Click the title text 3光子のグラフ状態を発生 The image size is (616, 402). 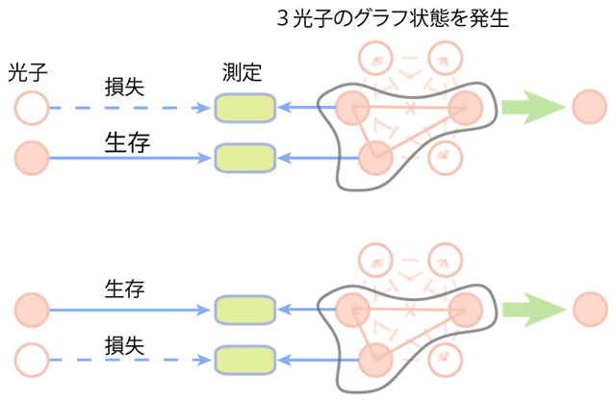coord(393,18)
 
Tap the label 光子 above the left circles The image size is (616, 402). coord(28,73)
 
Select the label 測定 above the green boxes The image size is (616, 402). coord(242,72)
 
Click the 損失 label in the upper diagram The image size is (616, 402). coord(124,87)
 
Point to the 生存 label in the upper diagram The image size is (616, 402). coord(127,142)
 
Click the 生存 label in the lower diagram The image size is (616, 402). coord(124,289)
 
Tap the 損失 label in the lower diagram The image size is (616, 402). coord(124,345)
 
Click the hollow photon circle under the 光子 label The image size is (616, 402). coord(32,108)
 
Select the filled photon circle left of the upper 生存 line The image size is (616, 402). coord(32,158)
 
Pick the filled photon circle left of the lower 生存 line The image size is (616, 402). coord(32,310)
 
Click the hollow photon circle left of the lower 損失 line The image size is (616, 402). coord(32,360)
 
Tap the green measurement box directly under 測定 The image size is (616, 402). coord(244,108)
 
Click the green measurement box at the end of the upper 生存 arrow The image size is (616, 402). coord(244,159)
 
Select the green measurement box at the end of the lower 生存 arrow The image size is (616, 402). coord(244,310)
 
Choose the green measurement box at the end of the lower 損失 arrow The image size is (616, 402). coord(244,360)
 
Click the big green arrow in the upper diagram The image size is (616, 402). coord(533,107)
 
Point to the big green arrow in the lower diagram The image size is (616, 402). coord(533,310)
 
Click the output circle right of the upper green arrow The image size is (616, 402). coord(590,107)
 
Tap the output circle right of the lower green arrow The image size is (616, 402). coord(590,310)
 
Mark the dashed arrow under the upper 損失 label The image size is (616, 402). coord(130,108)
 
